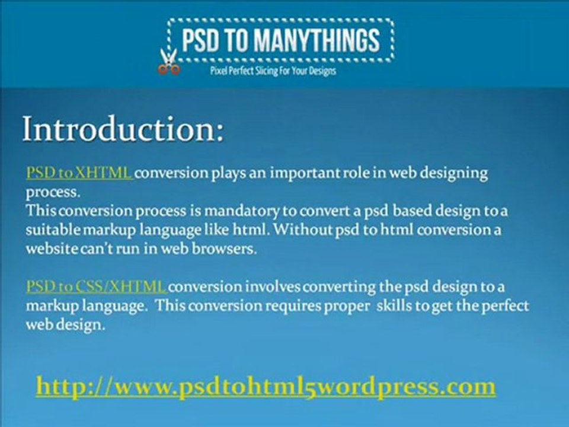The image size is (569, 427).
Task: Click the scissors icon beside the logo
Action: (168, 62)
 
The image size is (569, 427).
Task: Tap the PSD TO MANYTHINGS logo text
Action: (280, 40)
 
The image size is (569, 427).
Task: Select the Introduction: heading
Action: (123, 129)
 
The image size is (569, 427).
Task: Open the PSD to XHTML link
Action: (79, 173)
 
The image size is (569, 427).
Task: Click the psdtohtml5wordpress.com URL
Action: (266, 386)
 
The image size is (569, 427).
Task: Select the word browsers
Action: (228, 249)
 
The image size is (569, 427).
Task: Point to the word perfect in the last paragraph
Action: (501, 306)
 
